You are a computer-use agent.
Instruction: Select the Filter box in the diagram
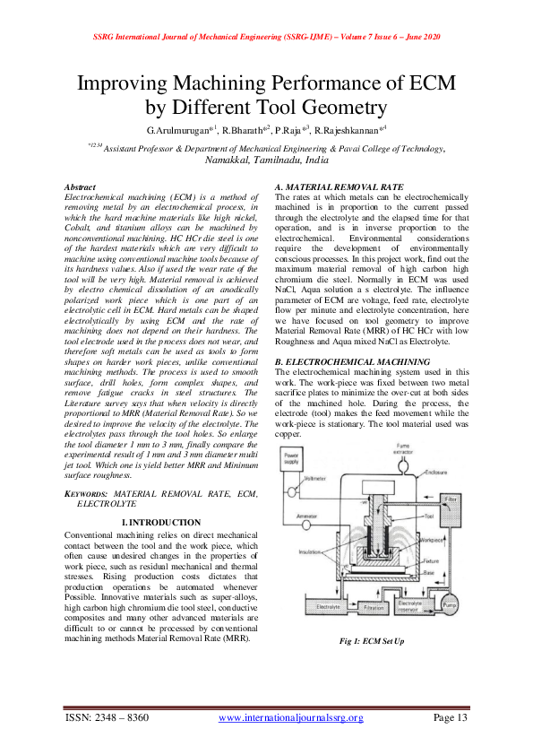[451, 497]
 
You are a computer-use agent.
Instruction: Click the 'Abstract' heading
[82, 186]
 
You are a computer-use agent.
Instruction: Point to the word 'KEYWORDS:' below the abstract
[88, 494]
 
